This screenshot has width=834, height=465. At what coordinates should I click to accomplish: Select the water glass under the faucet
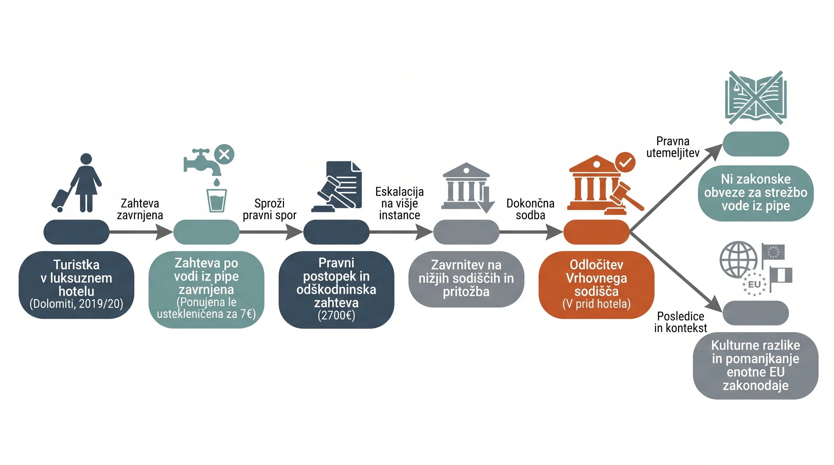click(217, 200)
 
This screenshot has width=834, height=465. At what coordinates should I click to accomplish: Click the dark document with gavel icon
click(337, 186)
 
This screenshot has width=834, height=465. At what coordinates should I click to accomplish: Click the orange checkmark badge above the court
click(625, 162)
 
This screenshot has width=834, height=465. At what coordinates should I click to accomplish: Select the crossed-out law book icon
click(756, 98)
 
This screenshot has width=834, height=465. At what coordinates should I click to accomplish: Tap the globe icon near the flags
click(739, 259)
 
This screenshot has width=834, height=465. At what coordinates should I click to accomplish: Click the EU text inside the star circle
click(754, 284)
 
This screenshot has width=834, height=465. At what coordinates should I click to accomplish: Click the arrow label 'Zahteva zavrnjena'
click(140, 209)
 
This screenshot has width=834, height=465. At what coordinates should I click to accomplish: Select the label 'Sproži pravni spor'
click(269, 209)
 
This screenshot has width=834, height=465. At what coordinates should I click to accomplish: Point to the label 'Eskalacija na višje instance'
click(399, 203)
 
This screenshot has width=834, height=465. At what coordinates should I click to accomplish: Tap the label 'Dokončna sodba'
click(530, 209)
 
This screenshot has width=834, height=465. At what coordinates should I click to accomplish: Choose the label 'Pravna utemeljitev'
click(673, 147)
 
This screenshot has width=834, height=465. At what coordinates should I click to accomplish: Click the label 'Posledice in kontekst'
click(681, 322)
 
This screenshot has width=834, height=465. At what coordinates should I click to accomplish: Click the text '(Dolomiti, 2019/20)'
click(76, 304)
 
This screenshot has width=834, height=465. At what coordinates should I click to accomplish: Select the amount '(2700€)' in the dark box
click(336, 315)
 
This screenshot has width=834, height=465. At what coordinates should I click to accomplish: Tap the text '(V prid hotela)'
click(596, 304)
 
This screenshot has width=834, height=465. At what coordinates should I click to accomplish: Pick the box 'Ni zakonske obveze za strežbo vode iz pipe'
click(756, 193)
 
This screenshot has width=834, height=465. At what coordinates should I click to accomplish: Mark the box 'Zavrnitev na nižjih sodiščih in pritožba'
click(466, 279)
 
